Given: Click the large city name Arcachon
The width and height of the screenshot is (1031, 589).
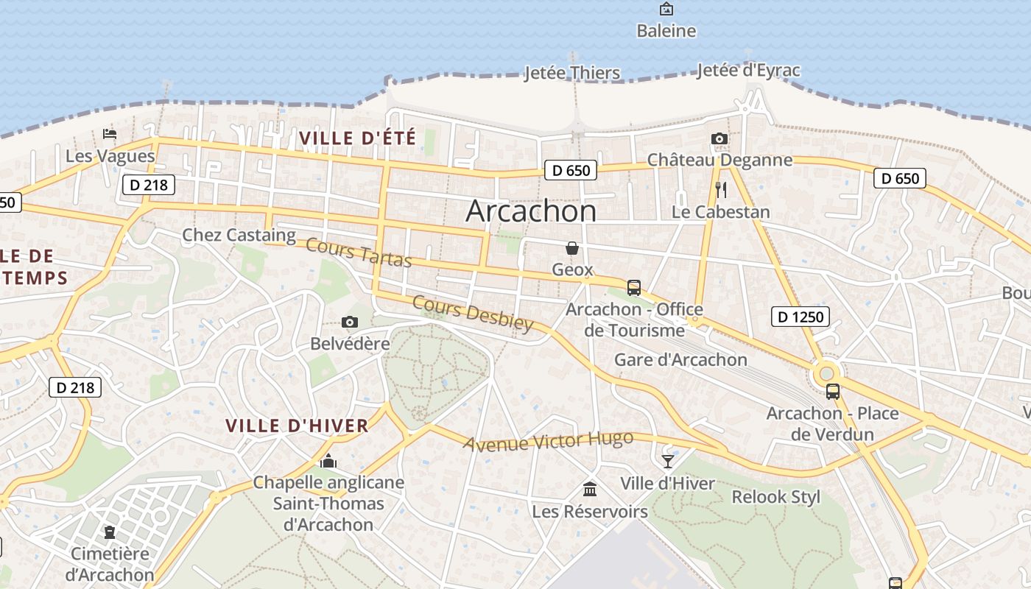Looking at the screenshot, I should pyautogui.click(x=531, y=211).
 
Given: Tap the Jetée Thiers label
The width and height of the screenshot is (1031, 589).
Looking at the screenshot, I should pyautogui.click(x=571, y=73).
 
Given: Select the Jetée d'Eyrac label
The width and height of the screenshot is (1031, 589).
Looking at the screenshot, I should pyautogui.click(x=747, y=71).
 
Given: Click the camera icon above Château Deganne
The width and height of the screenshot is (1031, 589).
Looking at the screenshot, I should pyautogui.click(x=719, y=138).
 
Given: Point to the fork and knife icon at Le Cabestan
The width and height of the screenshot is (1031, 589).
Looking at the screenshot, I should pyautogui.click(x=721, y=190).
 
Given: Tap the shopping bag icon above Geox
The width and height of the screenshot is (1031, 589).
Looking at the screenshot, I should pyautogui.click(x=571, y=248).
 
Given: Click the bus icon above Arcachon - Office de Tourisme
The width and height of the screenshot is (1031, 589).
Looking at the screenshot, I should pyautogui.click(x=633, y=287).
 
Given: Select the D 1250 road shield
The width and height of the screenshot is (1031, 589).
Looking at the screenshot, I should pyautogui.click(x=800, y=317).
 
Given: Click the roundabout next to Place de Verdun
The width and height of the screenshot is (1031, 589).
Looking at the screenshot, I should pyautogui.click(x=826, y=374).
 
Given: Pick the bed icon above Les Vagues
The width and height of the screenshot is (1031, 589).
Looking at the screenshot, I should pyautogui.click(x=110, y=134).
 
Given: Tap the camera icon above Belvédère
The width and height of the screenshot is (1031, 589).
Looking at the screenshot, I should pyautogui.click(x=350, y=322).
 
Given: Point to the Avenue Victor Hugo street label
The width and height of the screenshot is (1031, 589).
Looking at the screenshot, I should pyautogui.click(x=548, y=441).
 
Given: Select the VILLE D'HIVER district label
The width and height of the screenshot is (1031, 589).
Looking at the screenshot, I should pyautogui.click(x=297, y=426).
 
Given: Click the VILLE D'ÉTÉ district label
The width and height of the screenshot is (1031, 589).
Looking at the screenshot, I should pyautogui.click(x=357, y=138).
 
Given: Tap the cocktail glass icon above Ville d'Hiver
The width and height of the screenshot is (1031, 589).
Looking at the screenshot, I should pyautogui.click(x=667, y=462).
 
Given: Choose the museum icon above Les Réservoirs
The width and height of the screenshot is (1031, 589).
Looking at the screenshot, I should pyautogui.click(x=589, y=489).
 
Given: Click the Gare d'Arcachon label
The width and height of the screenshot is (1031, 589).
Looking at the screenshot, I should pyautogui.click(x=680, y=360).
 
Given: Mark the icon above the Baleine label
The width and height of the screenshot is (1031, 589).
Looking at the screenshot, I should pyautogui.click(x=666, y=9).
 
